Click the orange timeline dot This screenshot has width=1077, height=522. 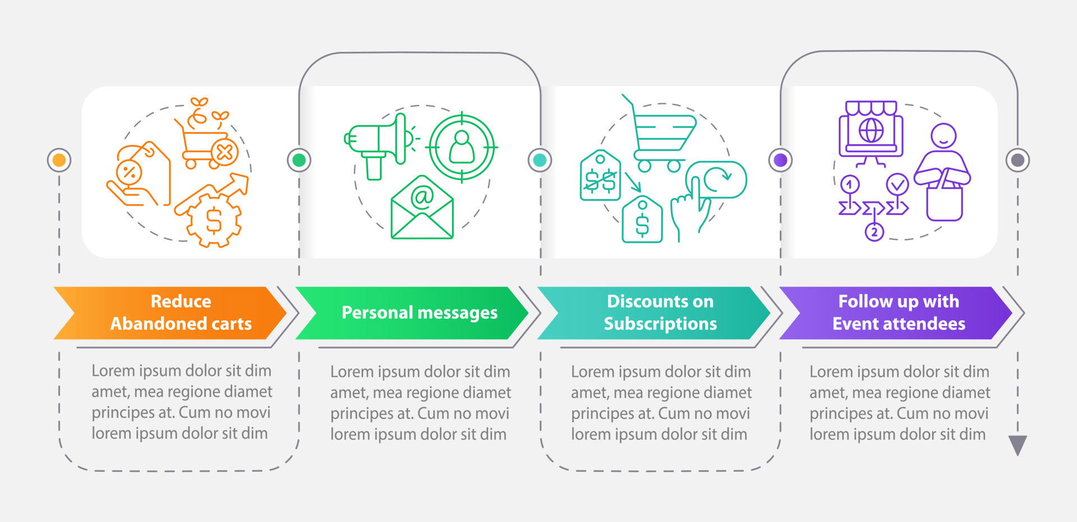click(x=59, y=160)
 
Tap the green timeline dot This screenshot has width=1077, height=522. click(x=299, y=160)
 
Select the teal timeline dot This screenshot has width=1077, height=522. click(x=540, y=160)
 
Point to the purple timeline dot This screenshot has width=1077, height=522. click(x=780, y=160)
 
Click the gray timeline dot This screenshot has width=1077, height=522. click(x=1018, y=160)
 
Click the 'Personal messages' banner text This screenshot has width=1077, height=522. click(x=419, y=313)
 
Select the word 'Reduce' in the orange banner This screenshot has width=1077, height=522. click(x=181, y=302)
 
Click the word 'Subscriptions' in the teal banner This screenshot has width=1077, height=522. click(x=660, y=324)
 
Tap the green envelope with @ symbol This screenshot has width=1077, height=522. click(x=422, y=209)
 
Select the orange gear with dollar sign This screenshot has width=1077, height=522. click(x=214, y=219)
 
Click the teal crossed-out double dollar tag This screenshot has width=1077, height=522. click(x=600, y=176)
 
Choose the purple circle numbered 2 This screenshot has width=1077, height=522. click(x=874, y=232)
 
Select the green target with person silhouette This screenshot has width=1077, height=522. click(x=462, y=147)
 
